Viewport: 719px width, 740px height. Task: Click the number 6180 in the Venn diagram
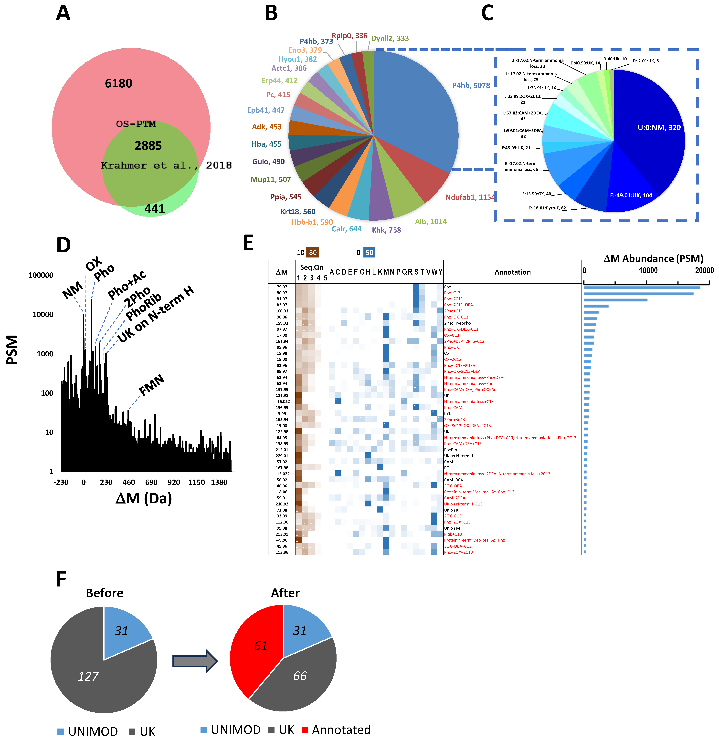(119, 83)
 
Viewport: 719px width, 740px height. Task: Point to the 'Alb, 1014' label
(431, 222)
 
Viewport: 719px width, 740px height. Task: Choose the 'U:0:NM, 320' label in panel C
(659, 128)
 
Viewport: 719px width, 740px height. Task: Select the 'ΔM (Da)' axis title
(144, 498)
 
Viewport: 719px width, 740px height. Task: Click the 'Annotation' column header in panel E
(512, 272)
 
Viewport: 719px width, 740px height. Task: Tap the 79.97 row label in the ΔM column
(282, 287)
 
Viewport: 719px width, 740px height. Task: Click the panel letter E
(248, 243)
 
